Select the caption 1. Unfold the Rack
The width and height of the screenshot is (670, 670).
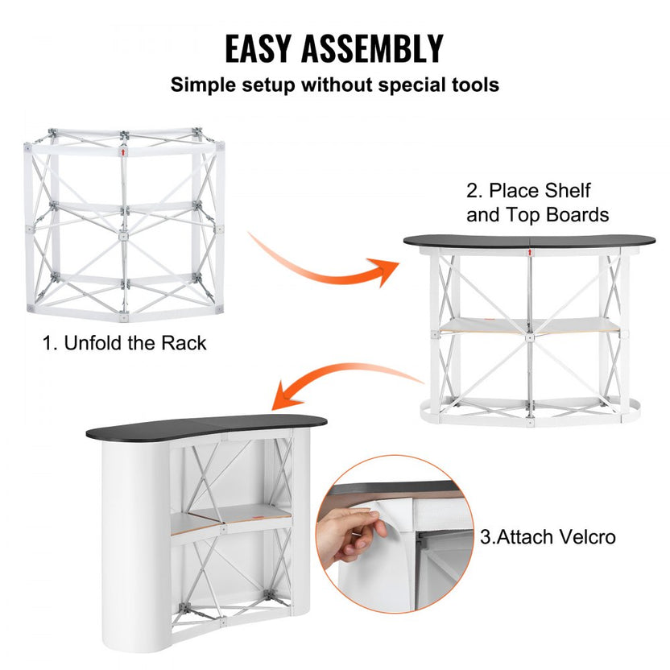pyautogui.click(x=125, y=343)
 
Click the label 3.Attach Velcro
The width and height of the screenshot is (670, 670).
pyautogui.click(x=548, y=536)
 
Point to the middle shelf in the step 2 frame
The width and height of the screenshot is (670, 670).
pyautogui.click(x=527, y=325)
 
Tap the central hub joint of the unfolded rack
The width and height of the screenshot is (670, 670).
pyautogui.click(x=124, y=237)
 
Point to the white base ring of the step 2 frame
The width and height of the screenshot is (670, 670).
pyautogui.click(x=527, y=414)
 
